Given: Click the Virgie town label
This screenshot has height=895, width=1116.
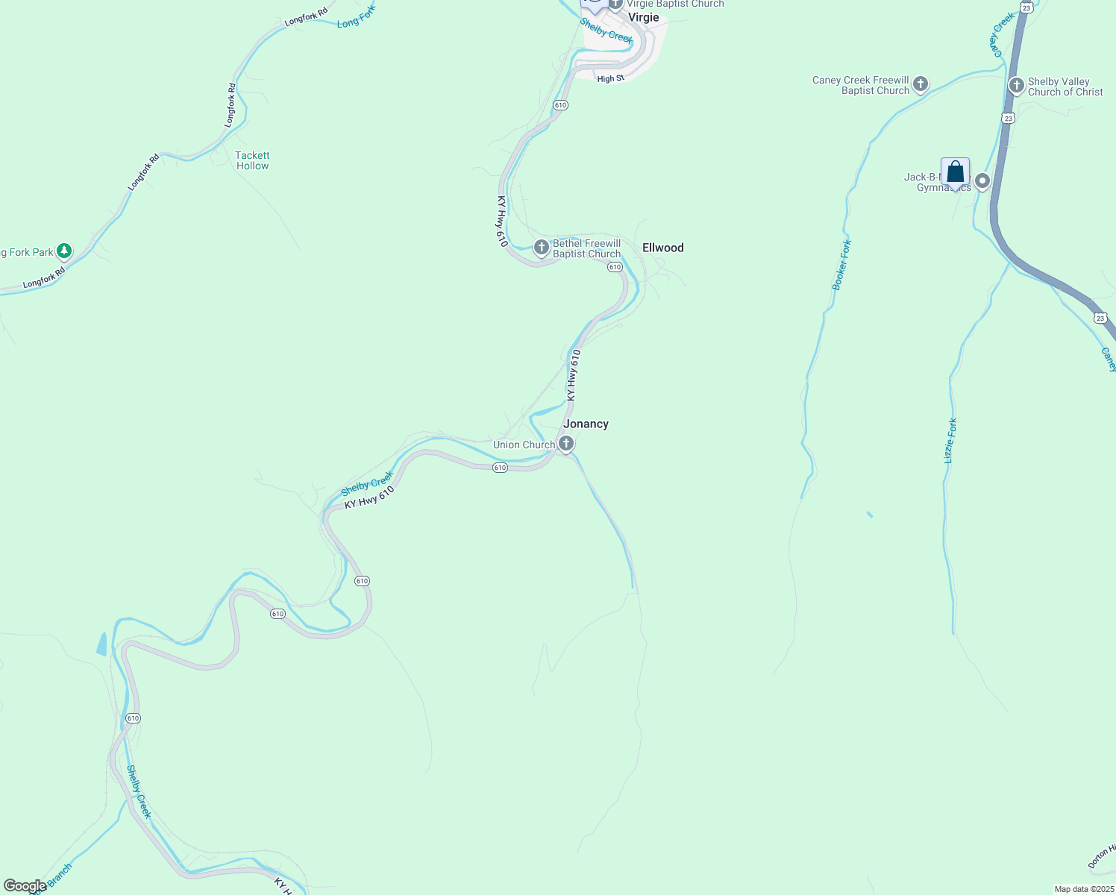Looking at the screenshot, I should (643, 17).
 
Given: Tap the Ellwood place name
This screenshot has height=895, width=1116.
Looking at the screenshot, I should (662, 248).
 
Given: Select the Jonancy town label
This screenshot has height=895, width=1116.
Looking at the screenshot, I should (586, 424).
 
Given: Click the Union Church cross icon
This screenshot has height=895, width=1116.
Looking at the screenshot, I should (566, 445).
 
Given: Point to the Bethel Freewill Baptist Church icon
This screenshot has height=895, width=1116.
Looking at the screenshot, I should (542, 247).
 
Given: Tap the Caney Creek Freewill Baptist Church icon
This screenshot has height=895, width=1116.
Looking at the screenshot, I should (921, 84).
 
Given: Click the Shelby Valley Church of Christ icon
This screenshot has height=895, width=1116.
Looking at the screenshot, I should (1016, 85).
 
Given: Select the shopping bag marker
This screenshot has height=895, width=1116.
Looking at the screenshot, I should (955, 173).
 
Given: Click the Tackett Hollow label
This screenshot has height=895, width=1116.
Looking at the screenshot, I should (252, 160).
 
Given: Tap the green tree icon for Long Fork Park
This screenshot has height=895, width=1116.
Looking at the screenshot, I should (65, 251).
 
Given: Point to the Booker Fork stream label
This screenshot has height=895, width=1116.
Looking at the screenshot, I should (841, 265).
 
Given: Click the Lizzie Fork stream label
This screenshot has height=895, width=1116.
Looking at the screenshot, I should (950, 441).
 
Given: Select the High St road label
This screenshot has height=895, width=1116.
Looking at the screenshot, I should (610, 78).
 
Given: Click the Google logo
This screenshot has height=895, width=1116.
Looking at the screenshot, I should (25, 886).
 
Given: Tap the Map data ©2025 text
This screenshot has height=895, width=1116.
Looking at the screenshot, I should (1084, 889).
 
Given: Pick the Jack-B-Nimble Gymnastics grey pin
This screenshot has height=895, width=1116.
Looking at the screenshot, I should (982, 180).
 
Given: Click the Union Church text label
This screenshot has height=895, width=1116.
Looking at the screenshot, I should (524, 445).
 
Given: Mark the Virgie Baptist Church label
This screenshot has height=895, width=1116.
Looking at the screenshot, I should (674, 4).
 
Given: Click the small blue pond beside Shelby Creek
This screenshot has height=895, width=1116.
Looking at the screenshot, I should (102, 643).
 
